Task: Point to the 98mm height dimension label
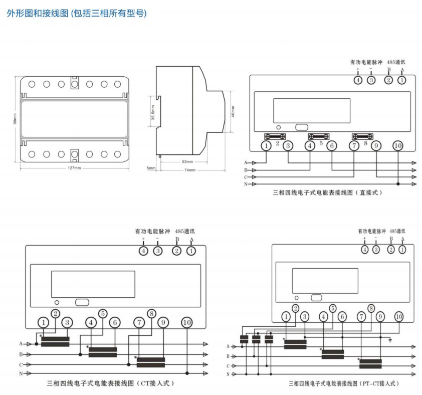(15, 120)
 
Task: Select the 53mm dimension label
(187, 162)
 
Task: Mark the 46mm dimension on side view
(233, 111)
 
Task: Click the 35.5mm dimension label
(152, 111)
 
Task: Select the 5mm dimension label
(151, 168)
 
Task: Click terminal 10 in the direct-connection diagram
(398, 146)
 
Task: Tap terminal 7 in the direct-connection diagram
(354, 146)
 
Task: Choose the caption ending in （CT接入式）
(111, 383)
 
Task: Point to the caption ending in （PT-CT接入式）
(344, 383)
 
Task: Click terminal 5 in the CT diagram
(102, 314)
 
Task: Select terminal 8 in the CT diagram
(151, 314)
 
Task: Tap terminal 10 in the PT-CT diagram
(399, 316)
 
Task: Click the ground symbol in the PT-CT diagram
(390, 340)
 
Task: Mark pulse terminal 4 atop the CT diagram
(144, 251)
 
